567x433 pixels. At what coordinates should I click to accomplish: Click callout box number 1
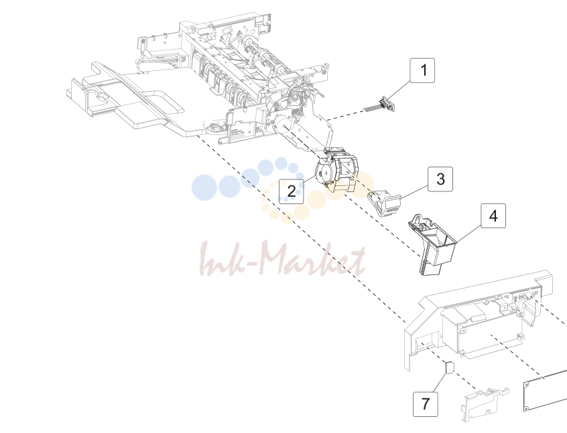(422, 70)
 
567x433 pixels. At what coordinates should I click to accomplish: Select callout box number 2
(291, 191)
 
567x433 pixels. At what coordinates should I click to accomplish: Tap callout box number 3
(440, 179)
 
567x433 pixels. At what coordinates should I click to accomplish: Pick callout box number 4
(493, 216)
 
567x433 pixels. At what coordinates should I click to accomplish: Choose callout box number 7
(426, 404)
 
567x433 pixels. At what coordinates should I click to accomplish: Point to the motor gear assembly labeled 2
(336, 171)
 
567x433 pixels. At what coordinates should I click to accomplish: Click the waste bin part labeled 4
(432, 244)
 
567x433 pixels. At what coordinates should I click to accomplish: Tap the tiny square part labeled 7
(450, 368)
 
